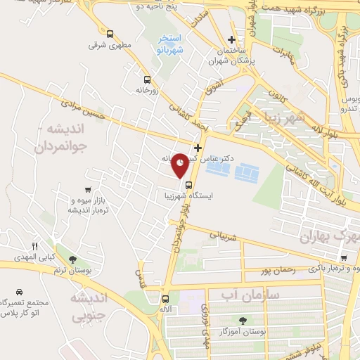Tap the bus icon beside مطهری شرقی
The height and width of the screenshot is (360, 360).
[x=110, y=33]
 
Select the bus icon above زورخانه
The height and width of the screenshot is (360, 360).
[x=147, y=79]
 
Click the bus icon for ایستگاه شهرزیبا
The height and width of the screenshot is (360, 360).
[x=176, y=187]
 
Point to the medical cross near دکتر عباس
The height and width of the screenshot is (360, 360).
[x=198, y=148]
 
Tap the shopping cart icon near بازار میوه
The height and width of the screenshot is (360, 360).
[x=87, y=189]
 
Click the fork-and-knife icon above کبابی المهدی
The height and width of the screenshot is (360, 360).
[x=34, y=245]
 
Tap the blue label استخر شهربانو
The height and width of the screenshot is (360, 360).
[x=169, y=44]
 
